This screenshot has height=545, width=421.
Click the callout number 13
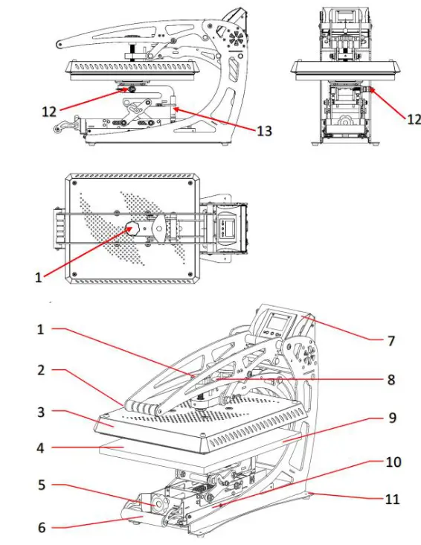point(263,131)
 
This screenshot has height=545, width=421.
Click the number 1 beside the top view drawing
point(39,276)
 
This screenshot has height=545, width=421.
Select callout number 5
point(42,485)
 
